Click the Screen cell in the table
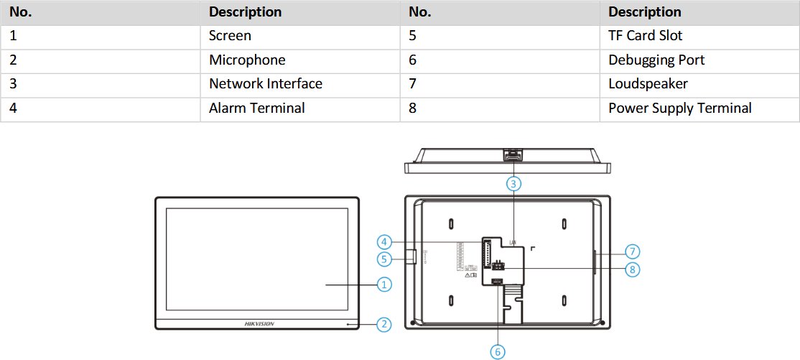(230, 35)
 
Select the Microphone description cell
(247, 60)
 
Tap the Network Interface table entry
(266, 83)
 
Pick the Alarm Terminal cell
(257, 108)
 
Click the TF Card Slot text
(645, 35)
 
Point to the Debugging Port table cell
(656, 60)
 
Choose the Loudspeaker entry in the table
(648, 83)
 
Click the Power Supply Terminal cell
(679, 108)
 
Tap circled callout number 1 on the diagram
(385, 285)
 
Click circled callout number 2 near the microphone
(385, 325)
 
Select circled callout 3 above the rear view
(513, 183)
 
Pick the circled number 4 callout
(385, 241)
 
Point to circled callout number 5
(385, 258)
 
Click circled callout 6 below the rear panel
(498, 351)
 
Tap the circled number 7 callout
(632, 251)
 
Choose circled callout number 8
(632, 269)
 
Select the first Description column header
(245, 11)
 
